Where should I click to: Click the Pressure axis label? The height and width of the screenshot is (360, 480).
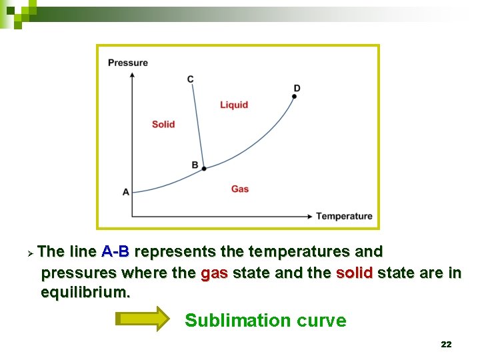[128, 63]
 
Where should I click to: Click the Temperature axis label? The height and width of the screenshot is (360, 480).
[344, 216]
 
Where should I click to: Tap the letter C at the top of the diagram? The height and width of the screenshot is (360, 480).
[191, 79]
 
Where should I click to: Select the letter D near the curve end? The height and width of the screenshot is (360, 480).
[297, 88]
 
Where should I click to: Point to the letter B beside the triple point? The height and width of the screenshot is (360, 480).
[195, 165]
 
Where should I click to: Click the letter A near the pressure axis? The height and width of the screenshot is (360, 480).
[126, 192]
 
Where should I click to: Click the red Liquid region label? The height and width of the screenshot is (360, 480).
[234, 105]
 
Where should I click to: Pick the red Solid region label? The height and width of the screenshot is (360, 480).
[163, 124]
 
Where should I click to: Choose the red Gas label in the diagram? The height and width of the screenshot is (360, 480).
[240, 189]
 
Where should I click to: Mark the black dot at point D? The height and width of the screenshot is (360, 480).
[294, 97]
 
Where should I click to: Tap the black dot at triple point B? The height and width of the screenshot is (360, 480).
[204, 169]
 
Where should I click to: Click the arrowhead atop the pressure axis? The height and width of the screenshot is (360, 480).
[132, 74]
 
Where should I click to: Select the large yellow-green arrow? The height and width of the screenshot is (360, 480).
[143, 319]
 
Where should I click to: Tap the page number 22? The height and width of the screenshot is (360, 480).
[446, 345]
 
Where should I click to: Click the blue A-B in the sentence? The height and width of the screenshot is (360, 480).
[115, 252]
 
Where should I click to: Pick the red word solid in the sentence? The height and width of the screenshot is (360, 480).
[354, 273]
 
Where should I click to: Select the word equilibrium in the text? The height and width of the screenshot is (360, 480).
[86, 293]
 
